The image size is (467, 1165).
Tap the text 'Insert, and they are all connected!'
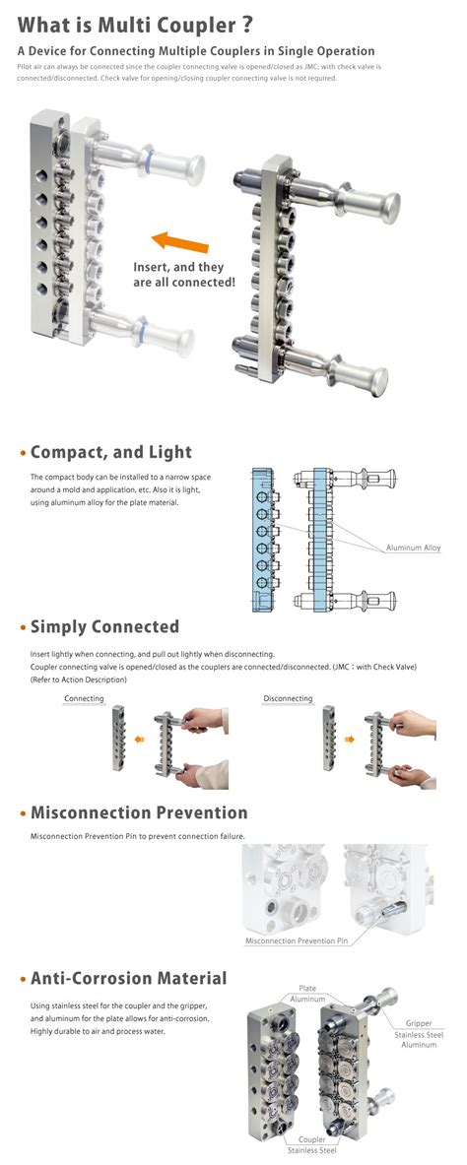tap(184, 275)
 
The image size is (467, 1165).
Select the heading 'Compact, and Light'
tap(110, 452)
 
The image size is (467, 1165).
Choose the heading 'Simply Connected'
tap(104, 626)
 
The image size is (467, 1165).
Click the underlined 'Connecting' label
tap(84, 698)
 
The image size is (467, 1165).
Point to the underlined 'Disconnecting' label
tap(288, 698)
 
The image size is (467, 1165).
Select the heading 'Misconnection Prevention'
tap(139, 812)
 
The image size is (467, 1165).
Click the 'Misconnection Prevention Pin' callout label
tap(297, 940)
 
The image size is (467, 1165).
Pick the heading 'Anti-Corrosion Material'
tap(128, 978)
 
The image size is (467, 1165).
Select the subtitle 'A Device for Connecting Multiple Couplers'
tap(196, 50)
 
